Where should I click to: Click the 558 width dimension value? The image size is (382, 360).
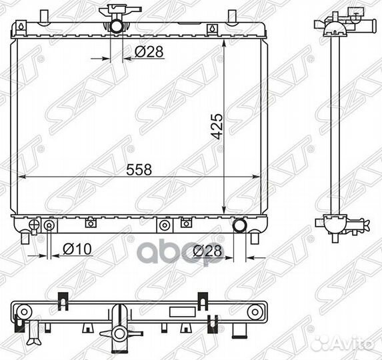[x=139, y=170]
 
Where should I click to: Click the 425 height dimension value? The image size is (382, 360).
[x=217, y=127]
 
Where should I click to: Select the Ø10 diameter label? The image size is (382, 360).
[x=77, y=249]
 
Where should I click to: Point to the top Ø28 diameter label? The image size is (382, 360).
[x=149, y=51]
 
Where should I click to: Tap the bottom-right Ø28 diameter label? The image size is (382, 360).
[x=208, y=251]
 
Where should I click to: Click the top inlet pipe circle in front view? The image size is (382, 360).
[x=117, y=26]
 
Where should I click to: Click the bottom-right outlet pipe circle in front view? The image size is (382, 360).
[x=240, y=225]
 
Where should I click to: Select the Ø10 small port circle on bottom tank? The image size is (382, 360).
[x=49, y=225]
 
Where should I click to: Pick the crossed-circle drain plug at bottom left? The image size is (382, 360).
[x=34, y=224]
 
